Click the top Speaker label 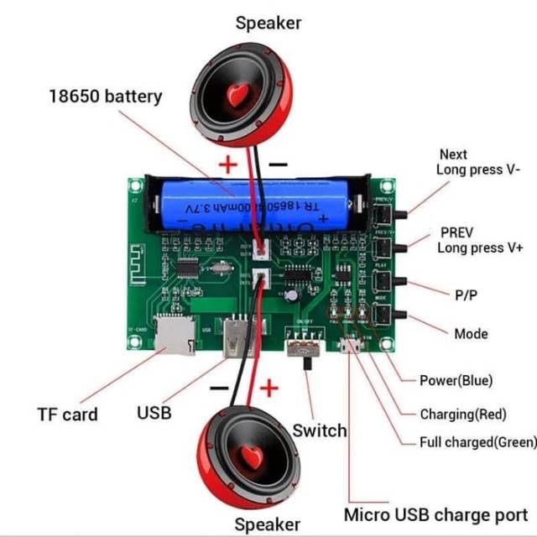(268, 23)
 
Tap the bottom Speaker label (267, 524)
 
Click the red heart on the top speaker (236, 94)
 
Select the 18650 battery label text (104, 96)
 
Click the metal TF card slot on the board (175, 336)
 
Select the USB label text (154, 412)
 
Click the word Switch (319, 430)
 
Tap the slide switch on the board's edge (305, 348)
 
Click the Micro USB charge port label (435, 514)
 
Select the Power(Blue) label (456, 380)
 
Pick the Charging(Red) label (462, 413)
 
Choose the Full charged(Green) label (475, 442)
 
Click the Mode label (471, 334)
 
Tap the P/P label (467, 295)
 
